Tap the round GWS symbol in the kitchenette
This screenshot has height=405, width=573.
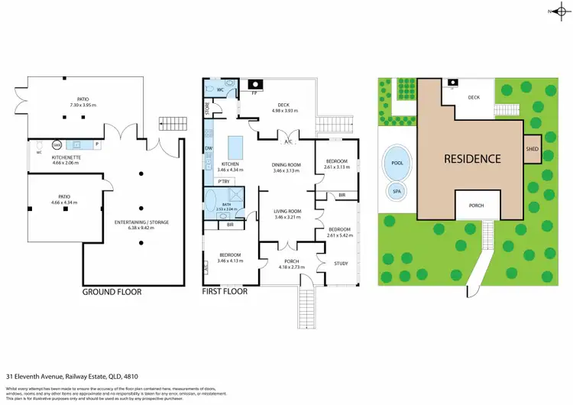click(x=56, y=144)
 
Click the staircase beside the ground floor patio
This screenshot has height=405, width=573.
click(x=167, y=123)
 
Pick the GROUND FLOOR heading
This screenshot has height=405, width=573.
click(x=112, y=292)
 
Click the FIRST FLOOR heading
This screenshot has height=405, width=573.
click(x=225, y=292)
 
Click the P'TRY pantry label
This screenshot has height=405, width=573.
click(x=225, y=181)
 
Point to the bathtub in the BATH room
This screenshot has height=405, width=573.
click(x=212, y=203)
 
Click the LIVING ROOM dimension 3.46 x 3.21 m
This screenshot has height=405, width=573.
click(x=288, y=218)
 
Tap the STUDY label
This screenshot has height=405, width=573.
click(x=342, y=264)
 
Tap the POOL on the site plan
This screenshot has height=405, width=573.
click(x=397, y=162)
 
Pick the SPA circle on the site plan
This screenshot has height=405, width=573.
click(x=397, y=191)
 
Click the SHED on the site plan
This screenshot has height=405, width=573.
click(x=533, y=150)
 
